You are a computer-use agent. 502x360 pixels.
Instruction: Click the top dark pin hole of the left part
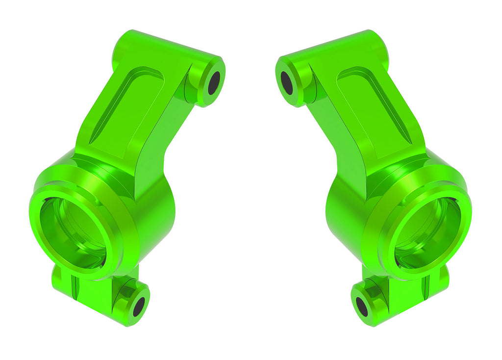[x=214, y=83]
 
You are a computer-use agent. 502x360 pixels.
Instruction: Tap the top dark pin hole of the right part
[x=287, y=83]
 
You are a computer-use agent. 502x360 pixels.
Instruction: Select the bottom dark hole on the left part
[x=139, y=307]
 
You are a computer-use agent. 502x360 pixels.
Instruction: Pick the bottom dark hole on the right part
[x=362, y=307]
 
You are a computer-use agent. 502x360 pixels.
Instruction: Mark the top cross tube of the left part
[x=162, y=49]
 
